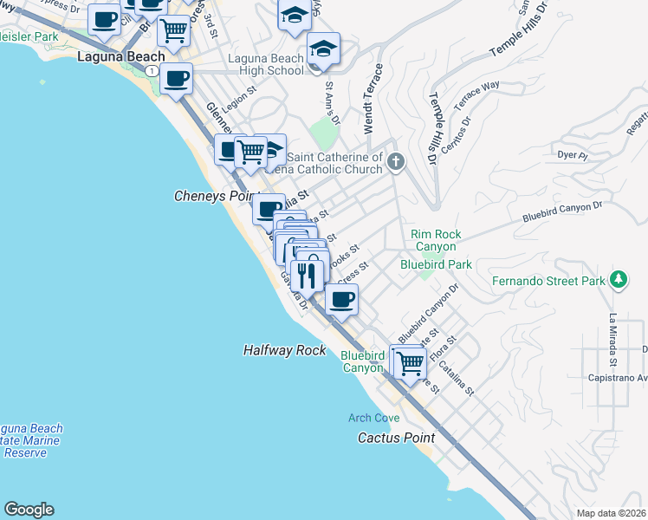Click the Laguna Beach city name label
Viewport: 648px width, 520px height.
pos(121,58)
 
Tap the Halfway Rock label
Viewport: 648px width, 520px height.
pos(285,350)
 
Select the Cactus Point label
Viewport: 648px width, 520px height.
pos(397,438)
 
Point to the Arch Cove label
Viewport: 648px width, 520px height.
pos(374,418)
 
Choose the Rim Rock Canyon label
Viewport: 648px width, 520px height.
pos(436,240)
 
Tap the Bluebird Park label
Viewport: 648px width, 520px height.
pos(436,263)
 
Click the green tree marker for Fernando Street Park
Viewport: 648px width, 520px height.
pos(618,280)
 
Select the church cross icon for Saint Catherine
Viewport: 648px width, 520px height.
pos(396,161)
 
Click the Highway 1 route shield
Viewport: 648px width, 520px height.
pos(152,70)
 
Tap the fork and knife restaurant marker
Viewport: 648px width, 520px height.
pos(307,275)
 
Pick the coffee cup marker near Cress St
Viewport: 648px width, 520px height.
pos(341,300)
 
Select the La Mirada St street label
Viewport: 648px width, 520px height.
pos(612,339)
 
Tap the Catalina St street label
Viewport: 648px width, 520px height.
pos(456,378)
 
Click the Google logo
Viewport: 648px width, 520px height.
pos(29,510)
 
